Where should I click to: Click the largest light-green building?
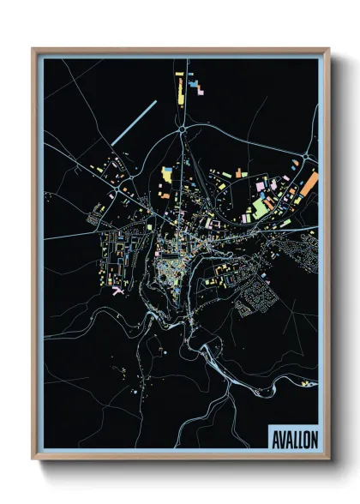pos(260,207)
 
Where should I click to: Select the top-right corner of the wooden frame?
pos(328,50)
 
